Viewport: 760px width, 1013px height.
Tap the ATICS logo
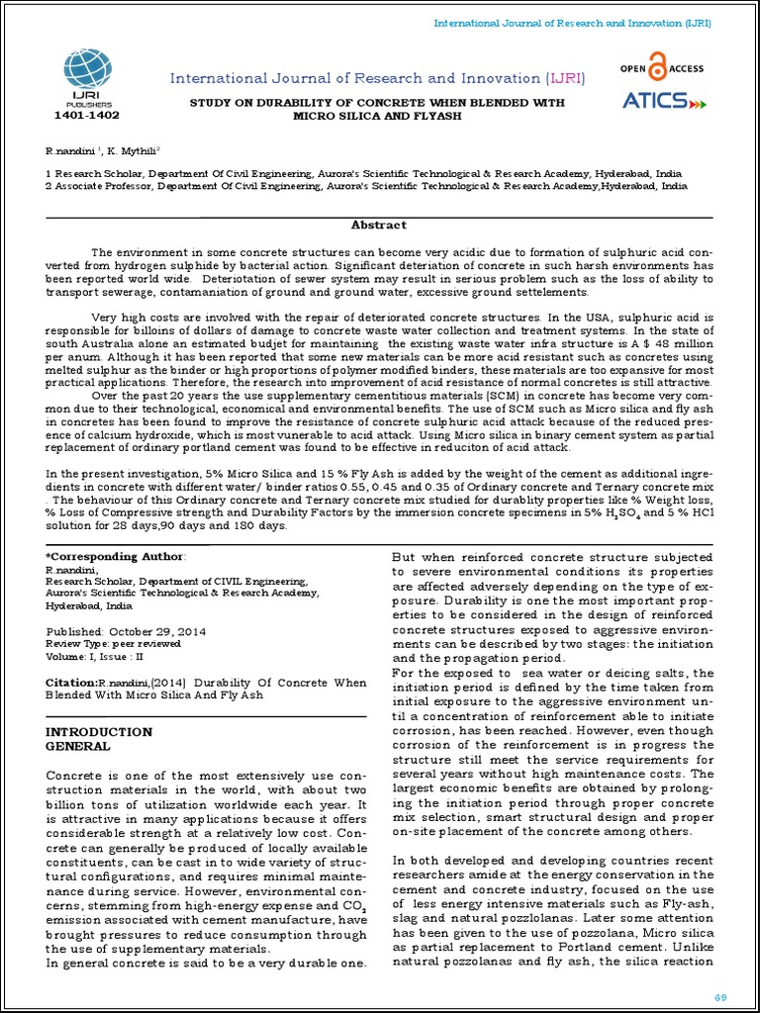(663, 100)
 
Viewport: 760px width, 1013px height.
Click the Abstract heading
(379, 225)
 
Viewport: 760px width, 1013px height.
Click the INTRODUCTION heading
(100, 732)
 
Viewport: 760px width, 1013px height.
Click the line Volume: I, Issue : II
(95, 655)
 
